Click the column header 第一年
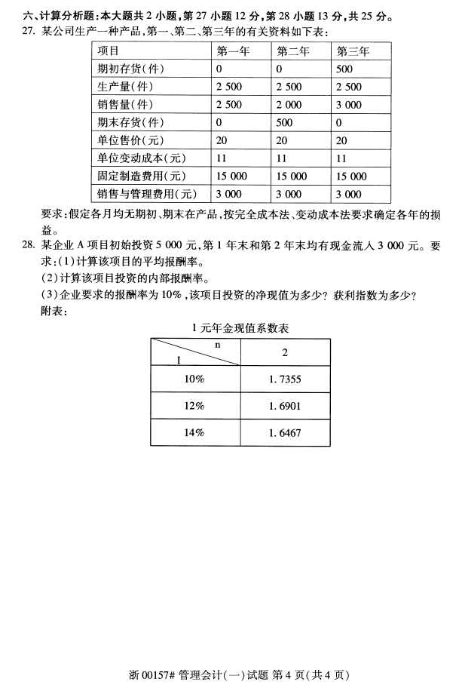point(234,51)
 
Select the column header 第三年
point(352,51)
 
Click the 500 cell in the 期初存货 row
point(345,69)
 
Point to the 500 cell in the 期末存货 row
point(285,123)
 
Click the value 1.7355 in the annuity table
point(284,380)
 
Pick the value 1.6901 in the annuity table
point(284,407)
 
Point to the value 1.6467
point(284,433)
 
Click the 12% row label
point(194,407)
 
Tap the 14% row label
point(194,433)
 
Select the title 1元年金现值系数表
point(240,328)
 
